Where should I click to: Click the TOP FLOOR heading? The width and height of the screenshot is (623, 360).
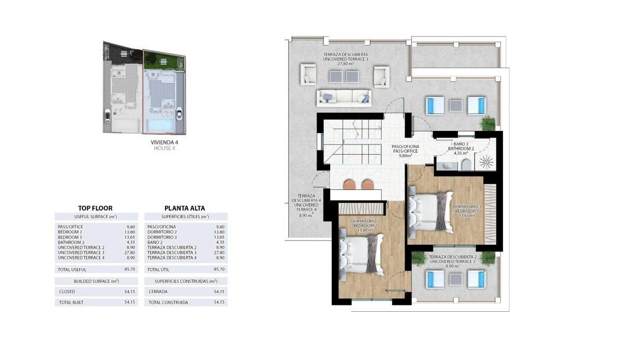(95, 208)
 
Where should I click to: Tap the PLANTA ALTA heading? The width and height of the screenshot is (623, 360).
(185, 208)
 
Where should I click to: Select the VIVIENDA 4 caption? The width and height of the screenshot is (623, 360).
(165, 142)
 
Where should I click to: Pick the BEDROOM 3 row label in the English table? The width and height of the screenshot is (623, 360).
(70, 237)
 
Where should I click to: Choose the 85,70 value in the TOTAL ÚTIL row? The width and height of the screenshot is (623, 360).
(219, 269)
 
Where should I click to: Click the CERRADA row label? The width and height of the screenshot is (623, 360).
(158, 291)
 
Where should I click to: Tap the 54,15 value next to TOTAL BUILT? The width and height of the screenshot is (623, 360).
(130, 302)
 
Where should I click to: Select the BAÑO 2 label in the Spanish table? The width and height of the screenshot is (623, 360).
(155, 242)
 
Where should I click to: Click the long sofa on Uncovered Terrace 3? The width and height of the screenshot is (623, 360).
(344, 98)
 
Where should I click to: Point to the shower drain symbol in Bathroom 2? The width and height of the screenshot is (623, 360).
(486, 162)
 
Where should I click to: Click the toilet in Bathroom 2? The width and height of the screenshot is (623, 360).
(466, 165)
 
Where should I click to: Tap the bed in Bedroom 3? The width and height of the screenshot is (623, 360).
(431, 212)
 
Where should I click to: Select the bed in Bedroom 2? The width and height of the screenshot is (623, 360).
(362, 255)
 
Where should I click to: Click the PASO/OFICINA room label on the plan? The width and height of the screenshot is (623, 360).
(405, 146)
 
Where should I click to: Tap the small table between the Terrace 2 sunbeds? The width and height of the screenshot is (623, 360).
(456, 279)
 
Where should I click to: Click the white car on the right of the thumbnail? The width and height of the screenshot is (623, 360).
(180, 114)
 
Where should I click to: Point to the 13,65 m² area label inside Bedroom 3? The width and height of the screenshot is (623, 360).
(467, 216)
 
